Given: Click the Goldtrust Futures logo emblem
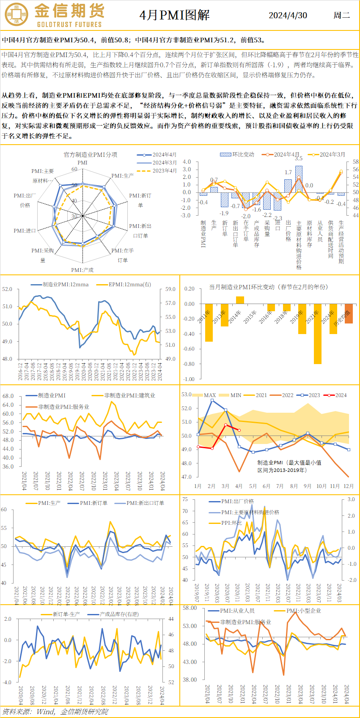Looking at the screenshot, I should [16, 14].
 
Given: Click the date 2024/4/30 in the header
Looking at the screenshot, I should [288, 16].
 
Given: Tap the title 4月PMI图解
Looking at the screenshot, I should [174, 16].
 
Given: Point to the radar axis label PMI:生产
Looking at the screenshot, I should [122, 175].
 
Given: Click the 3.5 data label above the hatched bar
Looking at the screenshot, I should [299, 159].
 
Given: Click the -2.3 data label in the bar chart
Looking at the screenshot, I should [278, 218].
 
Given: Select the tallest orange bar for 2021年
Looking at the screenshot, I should [317, 334].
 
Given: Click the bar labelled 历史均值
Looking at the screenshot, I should [349, 314].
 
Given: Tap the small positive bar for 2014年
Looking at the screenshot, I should [240, 300].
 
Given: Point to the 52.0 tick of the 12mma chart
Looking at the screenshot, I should [7, 289].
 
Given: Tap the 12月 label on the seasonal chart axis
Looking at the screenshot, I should [349, 486].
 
